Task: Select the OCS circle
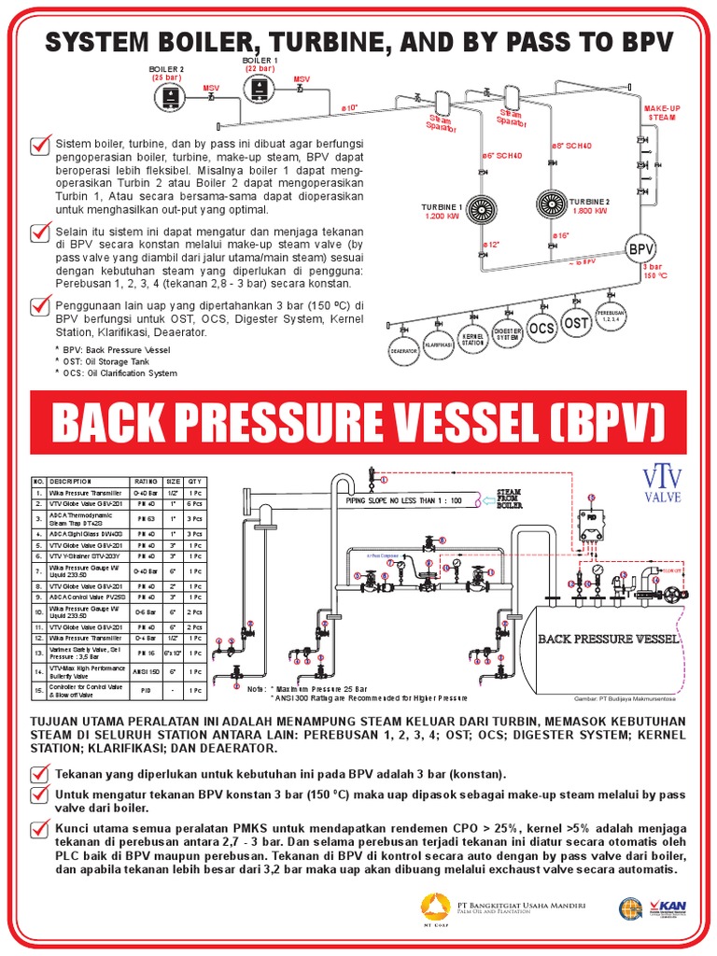541,329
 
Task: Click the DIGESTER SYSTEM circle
507,334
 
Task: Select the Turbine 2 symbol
553,203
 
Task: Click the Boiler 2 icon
172,96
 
